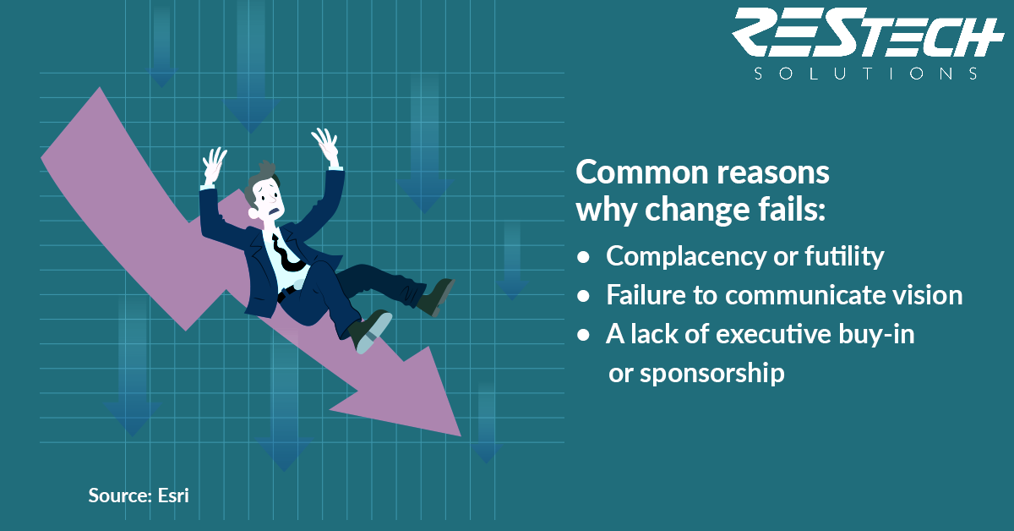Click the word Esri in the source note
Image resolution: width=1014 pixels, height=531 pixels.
(x=173, y=495)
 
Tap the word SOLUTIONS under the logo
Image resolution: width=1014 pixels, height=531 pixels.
(x=865, y=74)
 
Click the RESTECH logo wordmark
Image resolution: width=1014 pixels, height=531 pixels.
(x=868, y=32)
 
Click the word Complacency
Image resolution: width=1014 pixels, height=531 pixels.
(x=685, y=257)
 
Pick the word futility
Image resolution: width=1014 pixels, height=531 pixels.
(x=844, y=257)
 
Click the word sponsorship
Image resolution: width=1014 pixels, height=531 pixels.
(x=712, y=375)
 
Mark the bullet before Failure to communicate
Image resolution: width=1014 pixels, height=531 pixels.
(x=584, y=296)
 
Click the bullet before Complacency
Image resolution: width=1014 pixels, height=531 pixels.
(x=584, y=257)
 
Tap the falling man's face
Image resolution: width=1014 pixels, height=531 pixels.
(x=269, y=200)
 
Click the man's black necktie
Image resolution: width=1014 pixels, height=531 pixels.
(x=286, y=255)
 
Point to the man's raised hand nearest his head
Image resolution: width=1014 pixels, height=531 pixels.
(x=214, y=165)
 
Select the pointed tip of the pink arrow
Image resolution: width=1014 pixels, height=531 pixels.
(x=461, y=435)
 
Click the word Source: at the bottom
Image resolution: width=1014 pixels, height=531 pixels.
(x=120, y=495)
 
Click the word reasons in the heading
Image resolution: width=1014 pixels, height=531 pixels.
(x=773, y=173)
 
